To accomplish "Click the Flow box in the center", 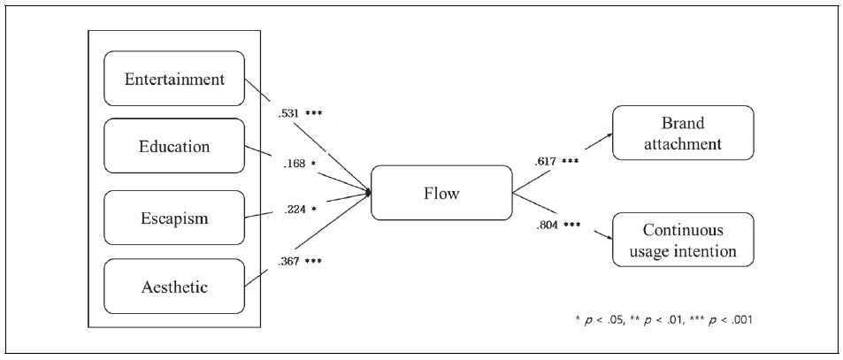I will pyautogui.click(x=441, y=193).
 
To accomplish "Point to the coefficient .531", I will pyautogui.click(x=287, y=113).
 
